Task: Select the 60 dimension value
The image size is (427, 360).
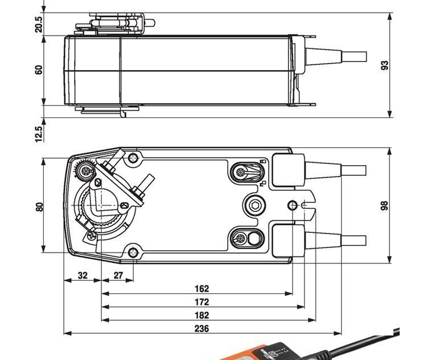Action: pos(39,69)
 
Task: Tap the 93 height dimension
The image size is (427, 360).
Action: pos(385,65)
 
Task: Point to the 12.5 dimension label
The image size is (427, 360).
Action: pos(39,134)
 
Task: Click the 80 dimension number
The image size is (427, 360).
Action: pos(39,206)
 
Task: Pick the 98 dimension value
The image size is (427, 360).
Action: pos(385,206)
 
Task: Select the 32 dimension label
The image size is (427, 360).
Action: pos(83,275)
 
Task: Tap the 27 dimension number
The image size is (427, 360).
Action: pos(118,275)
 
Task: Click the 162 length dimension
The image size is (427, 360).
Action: pos(202,289)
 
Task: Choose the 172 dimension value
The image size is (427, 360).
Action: pos(202,302)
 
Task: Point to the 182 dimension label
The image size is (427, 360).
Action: pos(202,315)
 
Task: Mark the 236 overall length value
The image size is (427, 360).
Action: pos(202,328)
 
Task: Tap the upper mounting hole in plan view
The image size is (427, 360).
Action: pos(133,158)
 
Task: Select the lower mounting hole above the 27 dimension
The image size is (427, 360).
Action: pos(133,252)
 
